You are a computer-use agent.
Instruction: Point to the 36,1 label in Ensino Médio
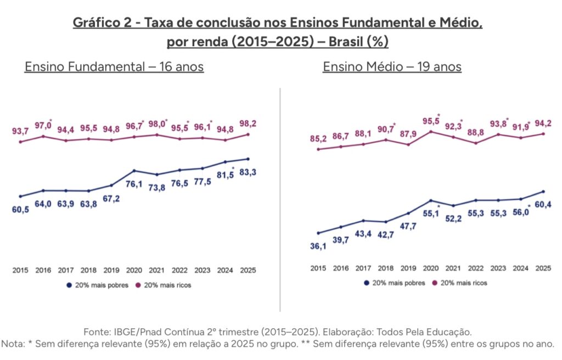click(318, 246)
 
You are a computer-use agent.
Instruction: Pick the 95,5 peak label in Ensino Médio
click(430, 121)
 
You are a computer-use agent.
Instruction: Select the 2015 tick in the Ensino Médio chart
click(318, 268)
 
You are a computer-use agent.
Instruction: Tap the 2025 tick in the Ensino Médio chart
click(543, 268)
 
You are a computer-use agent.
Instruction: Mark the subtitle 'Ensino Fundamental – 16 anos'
click(114, 67)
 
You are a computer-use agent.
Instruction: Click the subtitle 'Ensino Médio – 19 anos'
click(392, 67)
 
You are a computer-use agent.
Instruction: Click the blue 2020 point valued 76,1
click(134, 171)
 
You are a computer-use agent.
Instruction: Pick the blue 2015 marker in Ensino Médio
click(318, 233)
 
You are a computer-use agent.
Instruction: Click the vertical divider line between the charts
click(280, 198)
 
